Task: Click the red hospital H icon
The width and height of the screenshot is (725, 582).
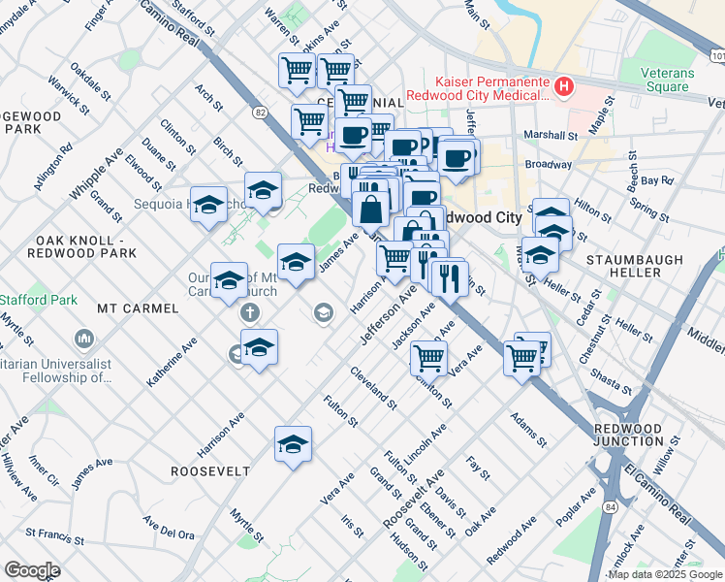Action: [x=563, y=87]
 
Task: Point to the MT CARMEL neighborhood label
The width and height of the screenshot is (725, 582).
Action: [x=138, y=308]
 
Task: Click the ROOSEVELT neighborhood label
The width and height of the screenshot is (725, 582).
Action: [x=210, y=471]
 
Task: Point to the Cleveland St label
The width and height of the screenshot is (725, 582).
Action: [x=374, y=387]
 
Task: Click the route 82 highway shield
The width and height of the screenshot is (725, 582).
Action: [x=260, y=113]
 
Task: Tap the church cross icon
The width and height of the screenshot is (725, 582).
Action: [x=250, y=312]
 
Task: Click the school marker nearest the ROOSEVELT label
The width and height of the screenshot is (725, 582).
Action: [x=293, y=444]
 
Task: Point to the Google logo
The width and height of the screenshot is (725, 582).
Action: [x=32, y=570]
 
